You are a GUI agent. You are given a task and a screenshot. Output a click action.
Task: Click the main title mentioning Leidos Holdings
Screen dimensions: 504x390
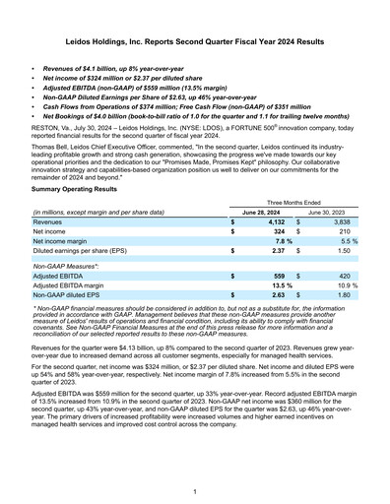(195, 43)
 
